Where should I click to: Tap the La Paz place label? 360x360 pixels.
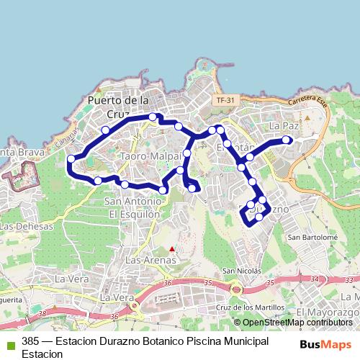tap(283, 125)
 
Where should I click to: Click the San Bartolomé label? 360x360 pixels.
tap(312, 236)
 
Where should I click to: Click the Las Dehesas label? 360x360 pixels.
tap(27, 226)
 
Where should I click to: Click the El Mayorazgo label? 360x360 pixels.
tap(328, 311)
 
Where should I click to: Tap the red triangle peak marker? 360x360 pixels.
tap(171, 249)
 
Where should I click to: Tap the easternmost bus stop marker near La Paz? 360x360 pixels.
tap(287, 140)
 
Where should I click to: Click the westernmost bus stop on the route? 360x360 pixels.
tap(71, 159)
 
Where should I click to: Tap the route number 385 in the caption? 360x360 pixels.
tap(31, 341)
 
